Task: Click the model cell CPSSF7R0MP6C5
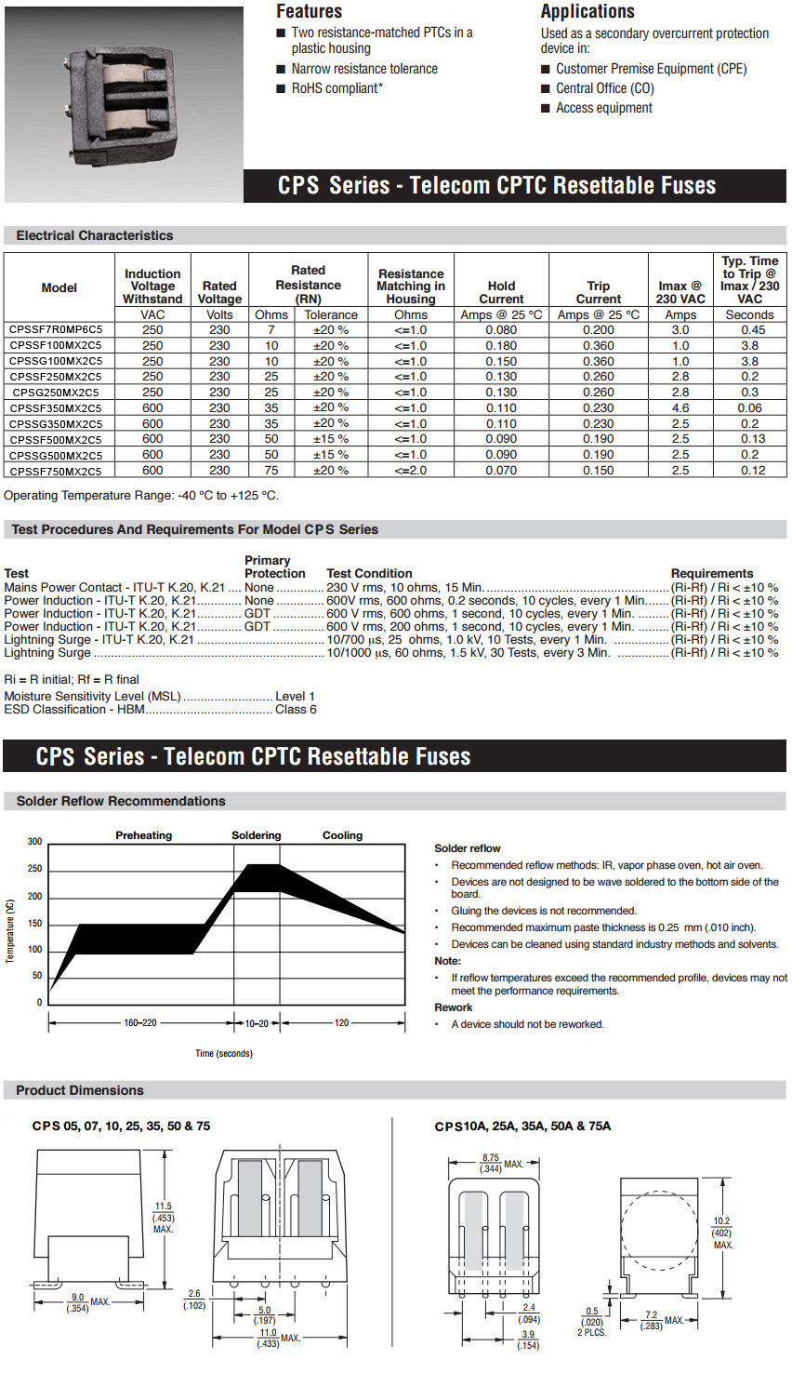pyautogui.click(x=56, y=330)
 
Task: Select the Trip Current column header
pyautogui.click(x=598, y=292)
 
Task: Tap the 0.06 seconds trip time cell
pyautogui.click(x=749, y=408)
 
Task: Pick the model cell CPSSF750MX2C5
pyautogui.click(x=56, y=472)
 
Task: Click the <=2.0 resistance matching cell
pyautogui.click(x=410, y=471)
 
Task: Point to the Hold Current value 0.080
pyautogui.click(x=501, y=330)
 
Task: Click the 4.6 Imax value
pyautogui.click(x=680, y=408)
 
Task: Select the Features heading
pyautogui.click(x=309, y=11)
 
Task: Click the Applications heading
pyautogui.click(x=587, y=11)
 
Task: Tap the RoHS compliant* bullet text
pyautogui.click(x=337, y=88)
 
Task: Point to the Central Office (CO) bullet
pyautogui.click(x=604, y=88)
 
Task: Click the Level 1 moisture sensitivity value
pyautogui.click(x=295, y=696)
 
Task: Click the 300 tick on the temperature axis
pyautogui.click(x=34, y=842)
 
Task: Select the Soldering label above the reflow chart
pyautogui.click(x=256, y=835)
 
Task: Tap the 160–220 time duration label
pyautogui.click(x=140, y=1023)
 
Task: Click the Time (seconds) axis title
pyautogui.click(x=223, y=1053)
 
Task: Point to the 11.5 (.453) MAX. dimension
pyautogui.click(x=164, y=1217)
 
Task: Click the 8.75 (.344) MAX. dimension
pyautogui.click(x=491, y=1163)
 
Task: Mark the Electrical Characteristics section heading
pyautogui.click(x=94, y=235)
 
